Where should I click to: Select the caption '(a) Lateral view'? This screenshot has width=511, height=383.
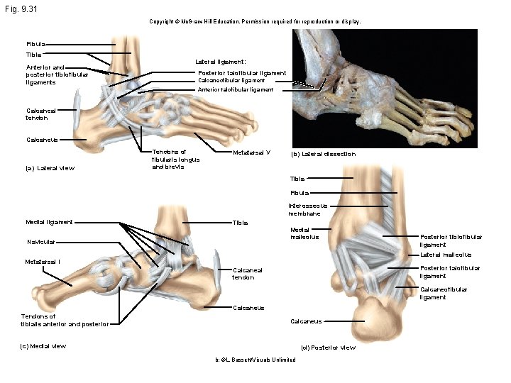[50, 168]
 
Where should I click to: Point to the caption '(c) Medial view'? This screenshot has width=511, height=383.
[44, 346]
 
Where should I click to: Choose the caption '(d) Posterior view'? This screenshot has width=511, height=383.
[328, 348]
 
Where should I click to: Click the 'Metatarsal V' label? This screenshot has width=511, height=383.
[252, 152]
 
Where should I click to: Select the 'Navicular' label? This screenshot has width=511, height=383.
[41, 242]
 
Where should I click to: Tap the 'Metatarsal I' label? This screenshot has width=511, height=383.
[43, 262]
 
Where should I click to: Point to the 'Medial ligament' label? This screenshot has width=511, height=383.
[49, 222]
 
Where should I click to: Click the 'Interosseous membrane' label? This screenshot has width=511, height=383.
[304, 209]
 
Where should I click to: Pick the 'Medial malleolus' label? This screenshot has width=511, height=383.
[305, 233]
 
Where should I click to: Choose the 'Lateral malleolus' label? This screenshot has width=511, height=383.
[446, 255]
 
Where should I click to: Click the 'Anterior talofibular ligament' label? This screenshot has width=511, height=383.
[236, 90]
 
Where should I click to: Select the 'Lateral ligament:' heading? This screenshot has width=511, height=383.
[221, 62]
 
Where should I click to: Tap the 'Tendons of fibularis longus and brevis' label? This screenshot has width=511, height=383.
[175, 160]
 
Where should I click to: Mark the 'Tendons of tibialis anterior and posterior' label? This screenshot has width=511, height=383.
[65, 321]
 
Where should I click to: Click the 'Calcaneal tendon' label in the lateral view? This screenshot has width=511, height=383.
[40, 114]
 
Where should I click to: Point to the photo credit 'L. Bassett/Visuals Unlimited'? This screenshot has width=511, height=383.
[255, 360]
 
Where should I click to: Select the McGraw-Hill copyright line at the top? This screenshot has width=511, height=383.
[255, 22]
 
